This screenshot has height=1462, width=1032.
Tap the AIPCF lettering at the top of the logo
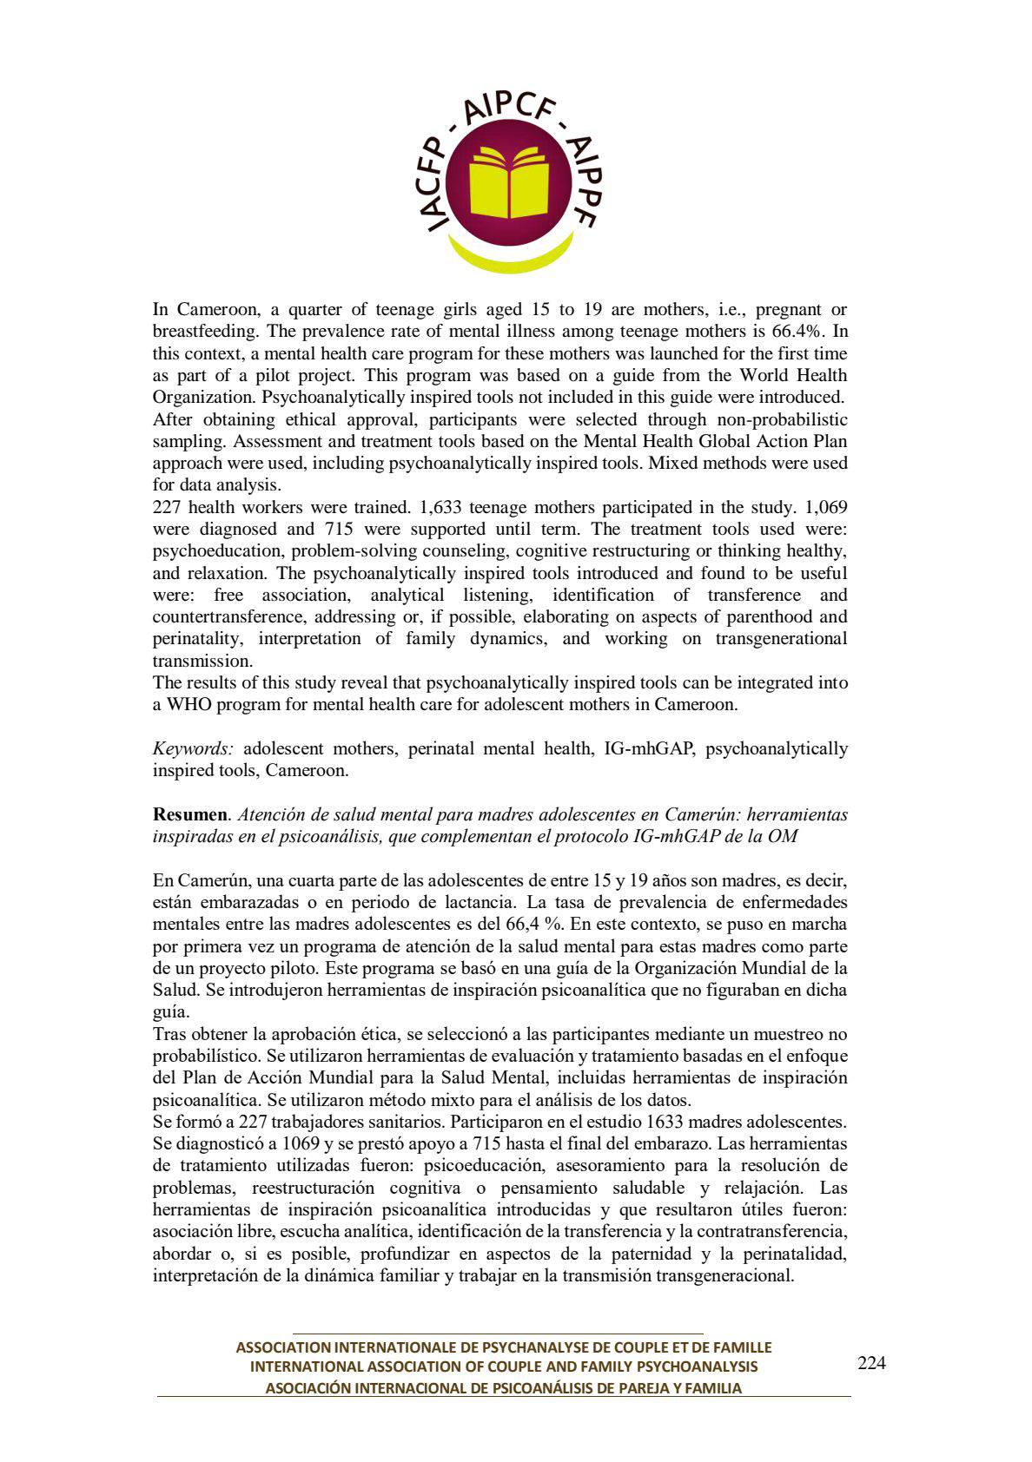click(x=514, y=110)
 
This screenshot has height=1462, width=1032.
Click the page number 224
click(x=871, y=1363)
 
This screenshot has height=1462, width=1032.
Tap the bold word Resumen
click(x=189, y=814)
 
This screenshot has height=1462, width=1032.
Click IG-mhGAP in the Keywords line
click(x=648, y=748)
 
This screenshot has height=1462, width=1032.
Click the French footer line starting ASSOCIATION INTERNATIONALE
click(x=504, y=1347)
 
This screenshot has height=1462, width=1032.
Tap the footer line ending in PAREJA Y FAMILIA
click(x=504, y=1388)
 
